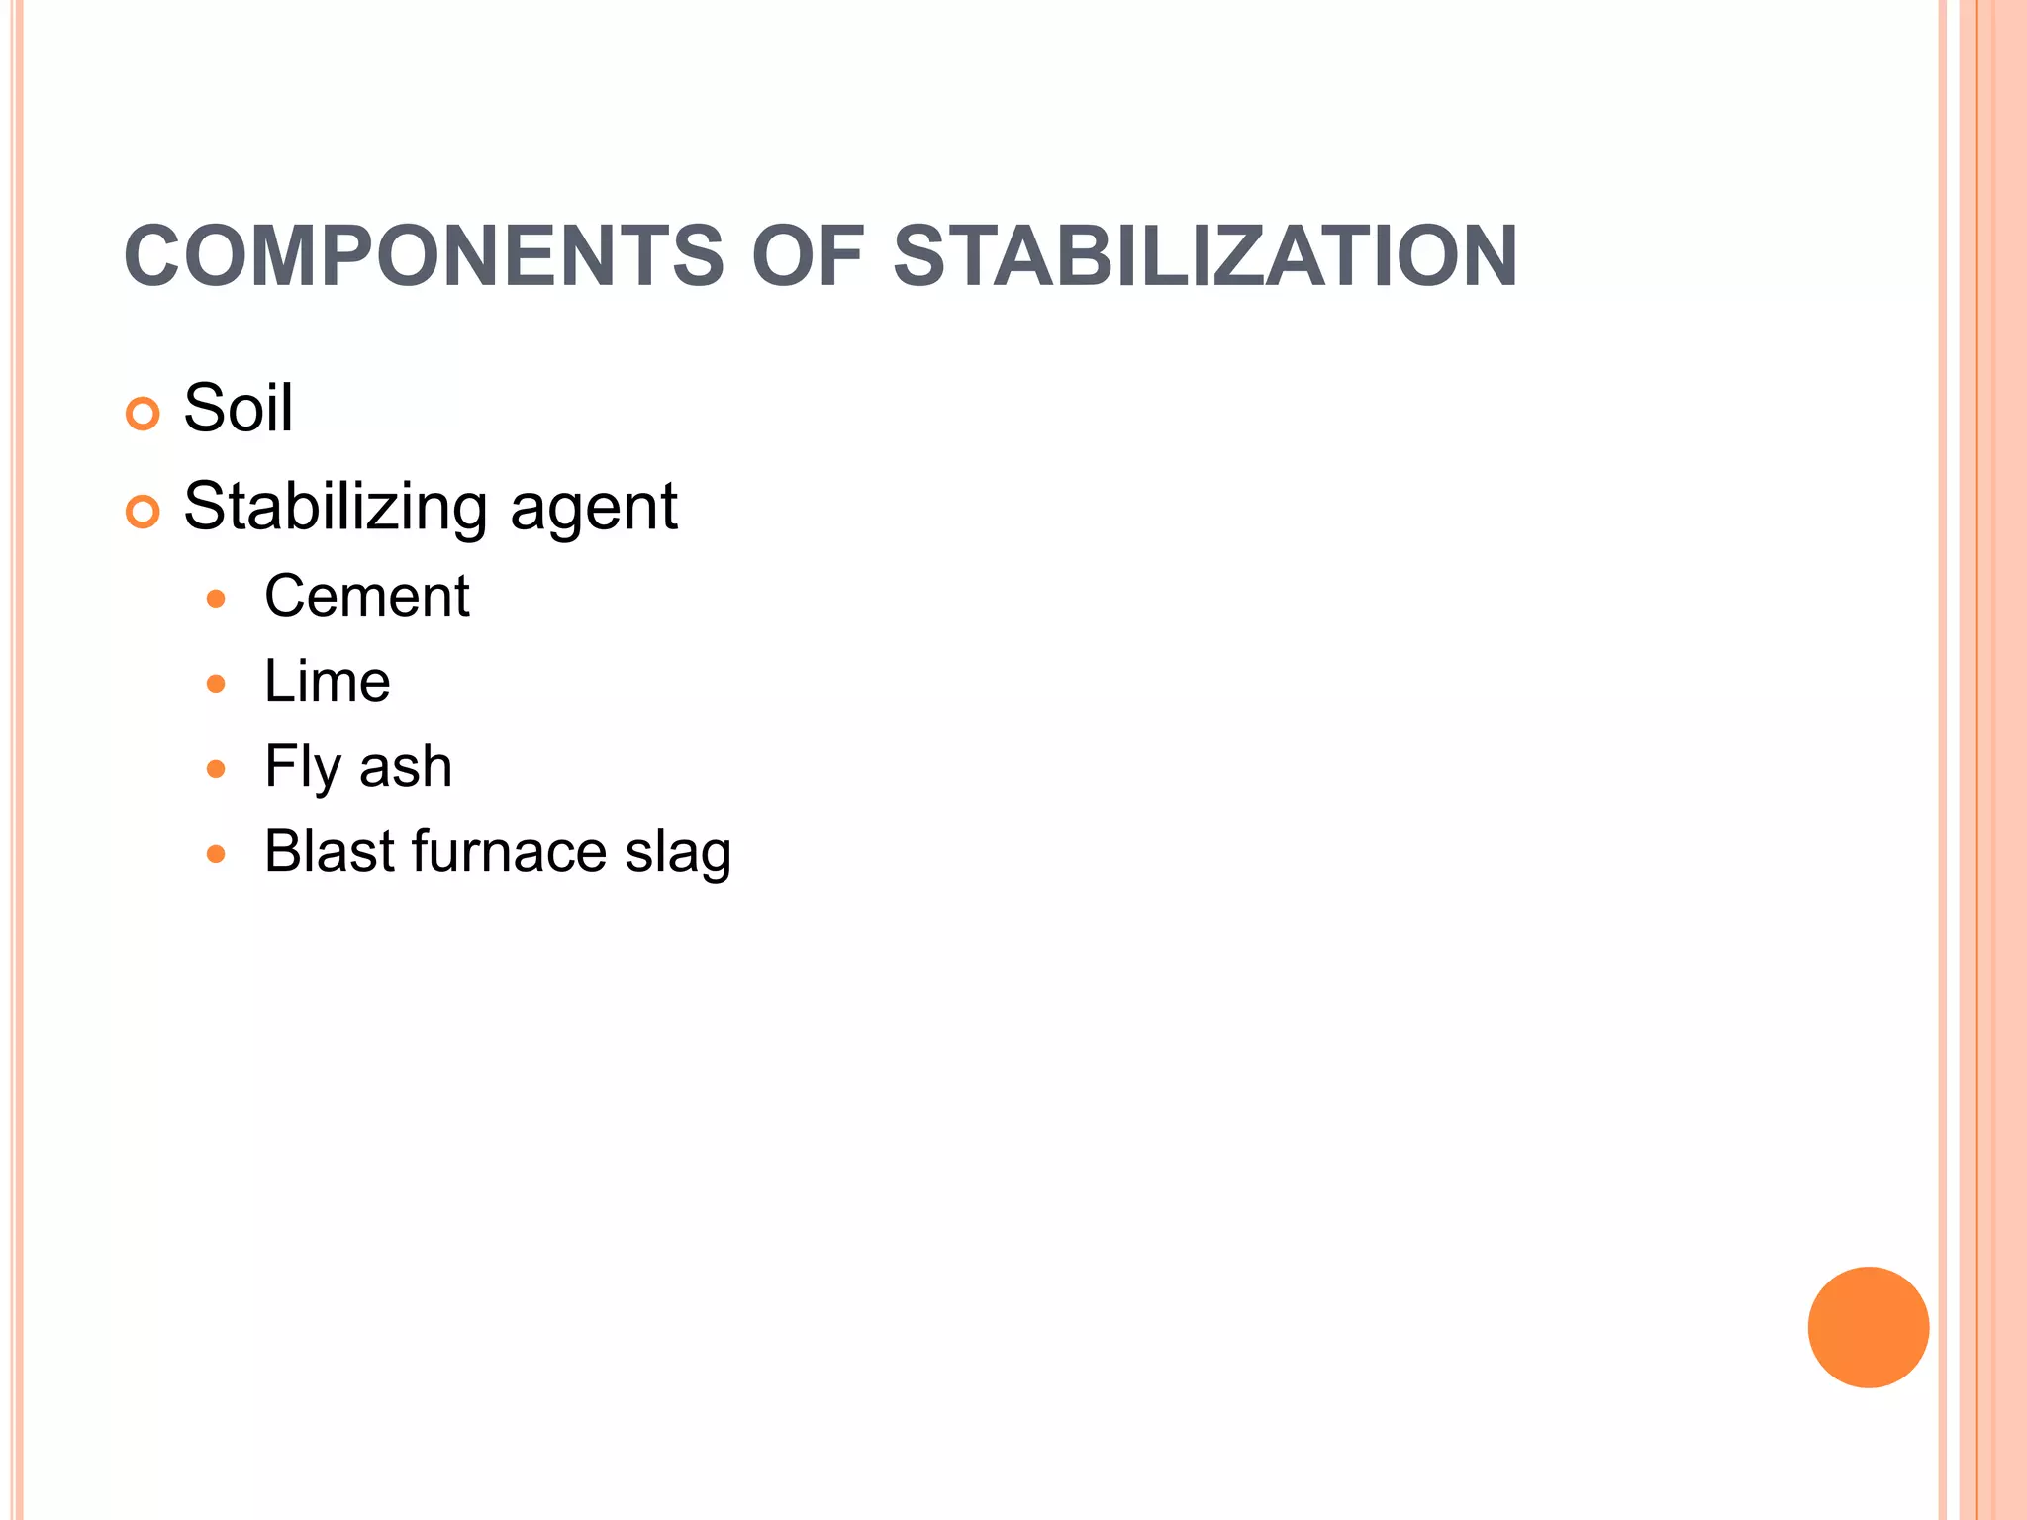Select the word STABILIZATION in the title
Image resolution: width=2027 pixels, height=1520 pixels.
pos(1205,256)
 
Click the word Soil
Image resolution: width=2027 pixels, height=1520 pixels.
pos(239,408)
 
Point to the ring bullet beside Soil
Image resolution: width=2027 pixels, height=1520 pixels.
pos(144,414)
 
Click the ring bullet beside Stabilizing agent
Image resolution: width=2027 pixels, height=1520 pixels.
pos(144,512)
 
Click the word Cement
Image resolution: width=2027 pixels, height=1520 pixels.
pos(366,597)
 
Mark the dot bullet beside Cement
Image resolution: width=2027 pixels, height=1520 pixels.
pos(217,599)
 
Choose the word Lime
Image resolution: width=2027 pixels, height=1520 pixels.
pos(327,682)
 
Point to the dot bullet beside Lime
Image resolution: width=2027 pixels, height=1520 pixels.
pos(217,684)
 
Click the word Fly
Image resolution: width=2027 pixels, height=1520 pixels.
pos(302,768)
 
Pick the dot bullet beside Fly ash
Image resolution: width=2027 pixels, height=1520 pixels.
pos(217,769)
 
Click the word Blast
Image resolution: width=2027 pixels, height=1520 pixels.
pos(330,852)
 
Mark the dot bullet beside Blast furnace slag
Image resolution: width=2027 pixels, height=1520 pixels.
pos(217,854)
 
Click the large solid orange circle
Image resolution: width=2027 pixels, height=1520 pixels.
pos(1868,1327)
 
